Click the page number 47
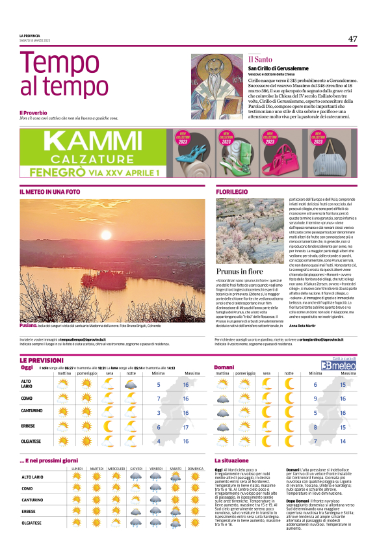coord(352,38)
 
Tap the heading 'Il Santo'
coord(258,59)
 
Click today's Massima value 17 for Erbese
coord(186,427)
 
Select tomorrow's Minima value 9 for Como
coord(316,398)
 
